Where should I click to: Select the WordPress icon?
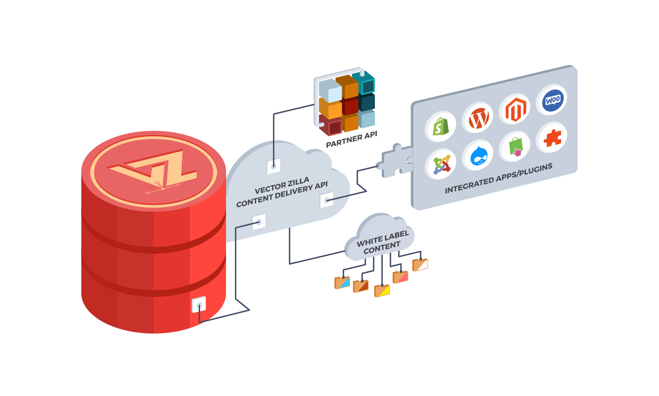point(478,118)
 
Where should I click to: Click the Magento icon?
point(515,110)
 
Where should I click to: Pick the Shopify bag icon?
point(441,127)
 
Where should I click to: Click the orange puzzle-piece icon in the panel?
point(552,138)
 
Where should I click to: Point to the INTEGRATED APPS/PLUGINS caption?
point(498,179)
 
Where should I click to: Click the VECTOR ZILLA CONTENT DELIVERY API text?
point(282,192)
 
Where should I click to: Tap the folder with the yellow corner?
point(382,291)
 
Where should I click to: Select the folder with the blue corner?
point(342,283)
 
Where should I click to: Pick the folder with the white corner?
point(420,265)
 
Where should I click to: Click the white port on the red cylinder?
point(199,305)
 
